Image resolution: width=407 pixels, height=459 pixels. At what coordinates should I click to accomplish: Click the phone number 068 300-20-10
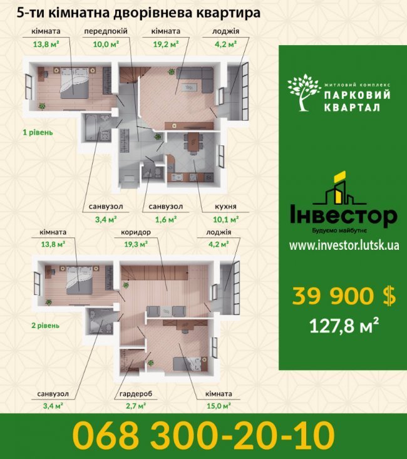[203, 436]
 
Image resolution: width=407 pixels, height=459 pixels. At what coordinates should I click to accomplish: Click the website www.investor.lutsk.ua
[343, 245]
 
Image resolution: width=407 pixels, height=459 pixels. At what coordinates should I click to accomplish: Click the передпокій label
[106, 31]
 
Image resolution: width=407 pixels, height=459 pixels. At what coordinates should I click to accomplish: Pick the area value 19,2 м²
[165, 44]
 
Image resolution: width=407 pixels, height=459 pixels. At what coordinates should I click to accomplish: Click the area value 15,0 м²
[218, 406]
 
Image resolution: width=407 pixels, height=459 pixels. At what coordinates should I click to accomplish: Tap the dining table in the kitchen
[193, 142]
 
